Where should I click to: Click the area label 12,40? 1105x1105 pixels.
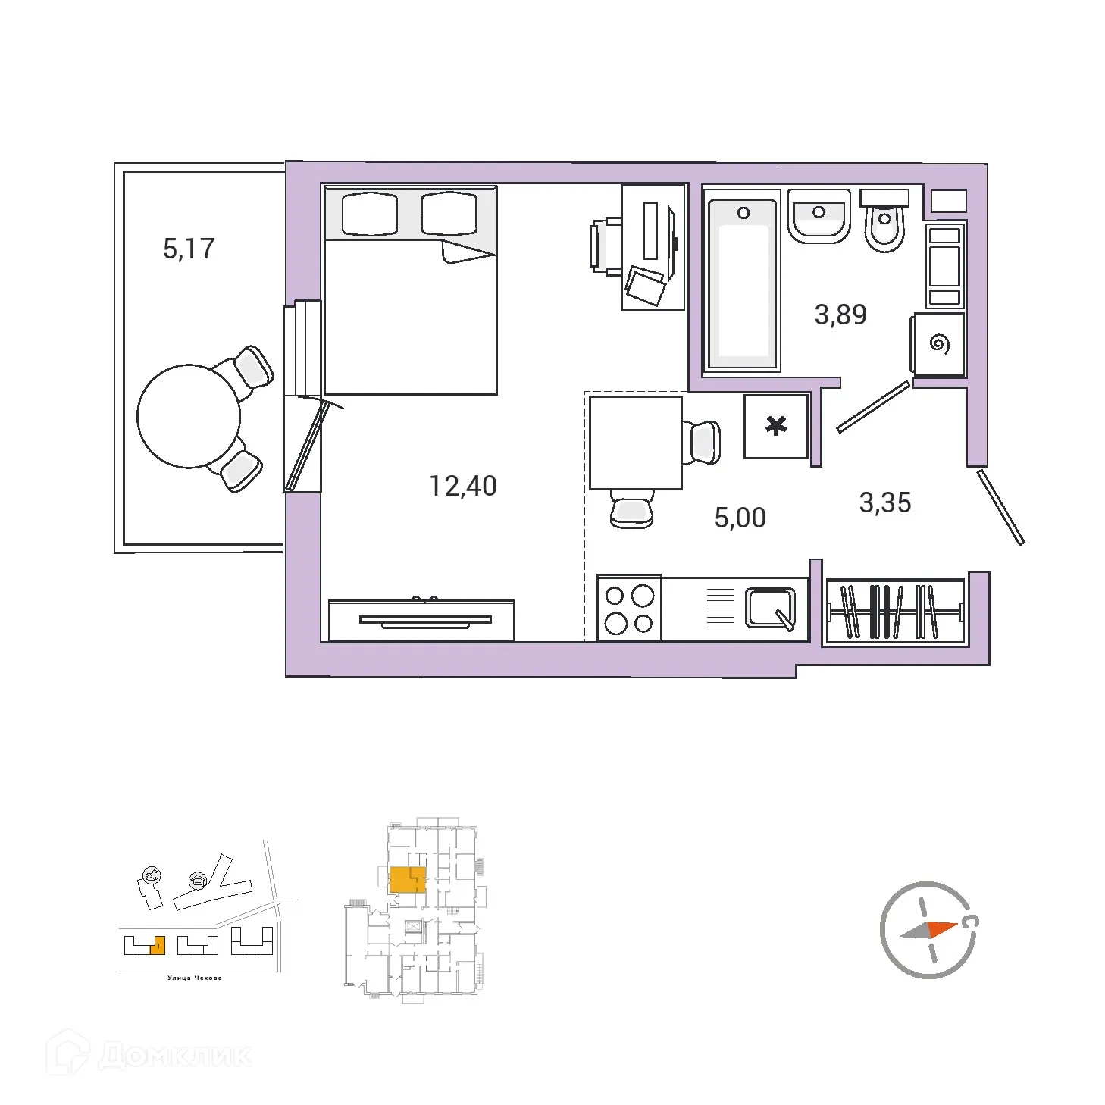[x=463, y=486]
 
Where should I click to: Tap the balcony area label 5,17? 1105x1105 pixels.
[x=189, y=249]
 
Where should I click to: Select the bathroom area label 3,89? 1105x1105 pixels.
[x=840, y=314]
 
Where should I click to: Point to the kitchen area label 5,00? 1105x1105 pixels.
[x=740, y=518]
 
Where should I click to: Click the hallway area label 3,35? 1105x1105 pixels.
[x=884, y=502]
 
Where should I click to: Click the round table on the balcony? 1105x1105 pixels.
[x=189, y=415]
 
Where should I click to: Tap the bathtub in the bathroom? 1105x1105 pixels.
[x=743, y=280]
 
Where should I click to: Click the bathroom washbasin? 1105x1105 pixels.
[x=819, y=215]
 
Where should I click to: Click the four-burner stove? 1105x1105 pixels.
[x=629, y=609]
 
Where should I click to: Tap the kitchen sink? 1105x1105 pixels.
[x=770, y=608]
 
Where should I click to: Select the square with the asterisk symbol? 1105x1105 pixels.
[x=776, y=426]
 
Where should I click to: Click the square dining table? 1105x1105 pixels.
[x=635, y=443]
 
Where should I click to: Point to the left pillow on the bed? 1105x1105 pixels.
[x=369, y=214]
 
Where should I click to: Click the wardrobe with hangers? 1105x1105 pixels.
[x=895, y=611]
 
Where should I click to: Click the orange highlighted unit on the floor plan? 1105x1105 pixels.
[x=406, y=880]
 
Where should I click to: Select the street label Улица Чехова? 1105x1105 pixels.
[x=195, y=978]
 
